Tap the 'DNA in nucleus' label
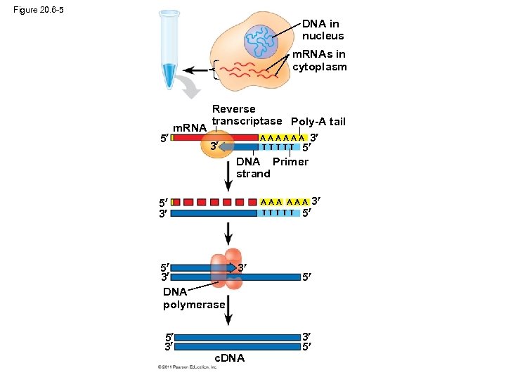[323, 30]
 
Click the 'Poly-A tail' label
[318, 122]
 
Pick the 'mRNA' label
[189, 128]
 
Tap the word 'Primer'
[290, 162]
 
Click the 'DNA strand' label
[252, 167]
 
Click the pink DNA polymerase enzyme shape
[228, 268]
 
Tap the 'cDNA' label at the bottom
[229, 358]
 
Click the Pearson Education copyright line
[194, 367]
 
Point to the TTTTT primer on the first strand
[280, 147]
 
